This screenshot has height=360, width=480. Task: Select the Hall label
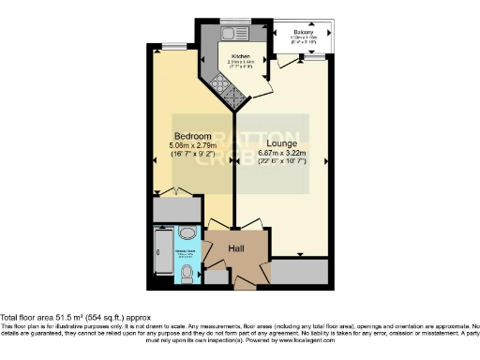(236, 248)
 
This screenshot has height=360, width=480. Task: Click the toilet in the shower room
(187, 271)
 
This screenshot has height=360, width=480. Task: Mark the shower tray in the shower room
(159, 253)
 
